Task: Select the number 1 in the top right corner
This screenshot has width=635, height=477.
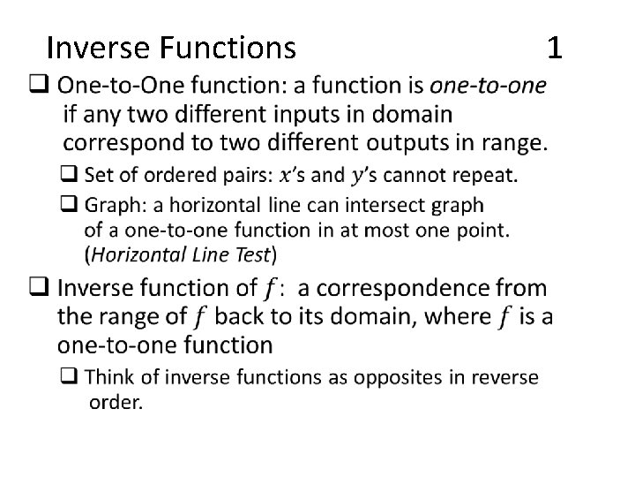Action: pos(555,46)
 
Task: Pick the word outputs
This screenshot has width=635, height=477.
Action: pos(407,141)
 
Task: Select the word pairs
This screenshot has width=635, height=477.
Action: pos(246,175)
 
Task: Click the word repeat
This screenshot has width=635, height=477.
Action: pos(482,175)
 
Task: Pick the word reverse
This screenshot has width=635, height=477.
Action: pos(504,378)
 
